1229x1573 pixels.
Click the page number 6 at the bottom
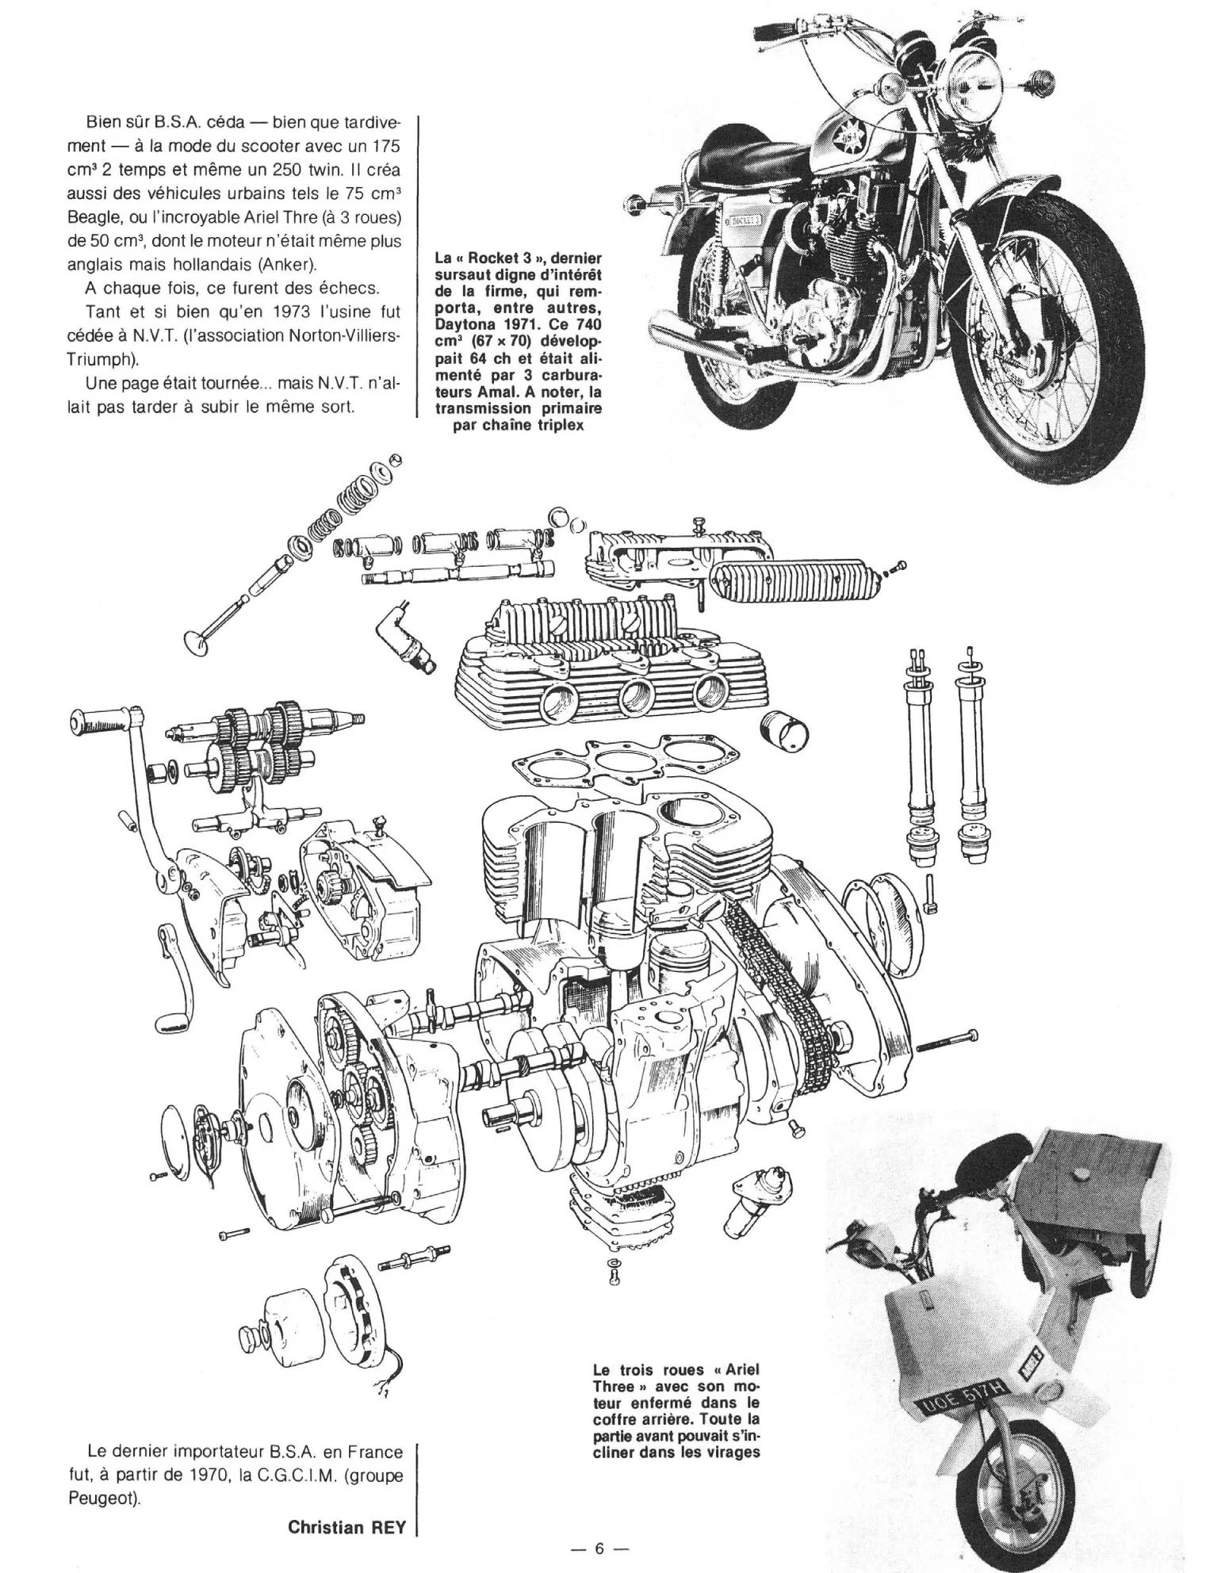pos(600,1551)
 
